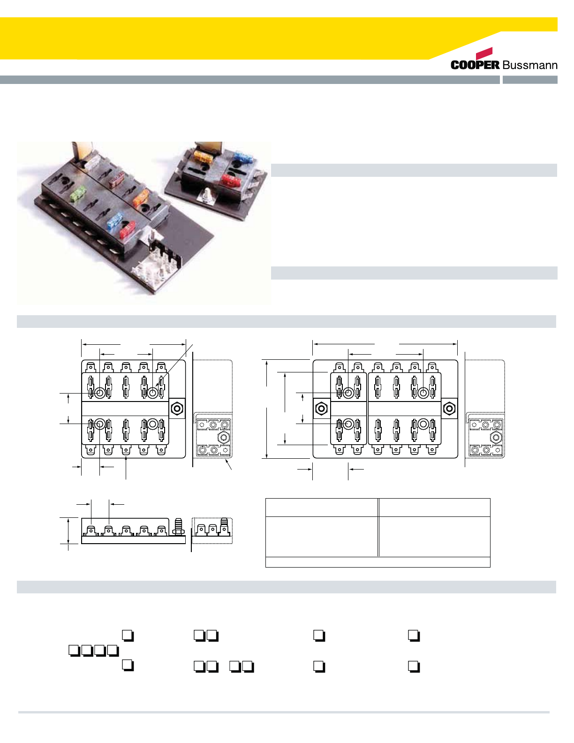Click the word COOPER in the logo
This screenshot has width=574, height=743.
click(x=475, y=65)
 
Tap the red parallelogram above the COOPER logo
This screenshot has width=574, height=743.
click(x=484, y=53)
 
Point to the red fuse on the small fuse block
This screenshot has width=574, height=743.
click(x=230, y=179)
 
